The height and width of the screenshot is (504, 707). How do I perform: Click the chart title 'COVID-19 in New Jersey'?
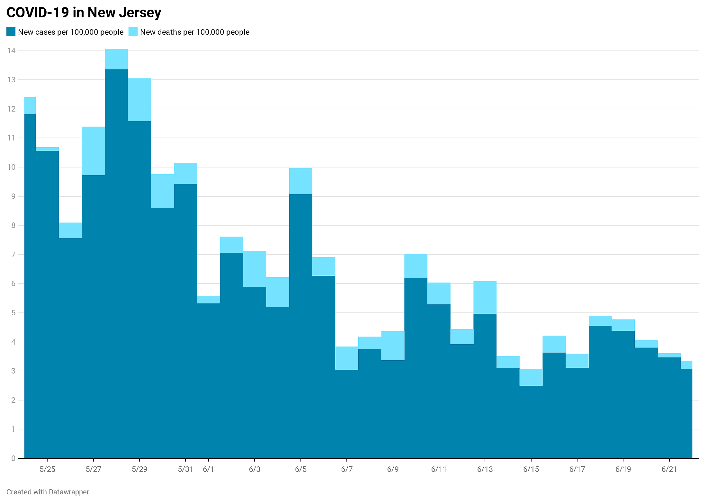pos(84,13)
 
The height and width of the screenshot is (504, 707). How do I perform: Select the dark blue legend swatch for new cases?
pos(11,32)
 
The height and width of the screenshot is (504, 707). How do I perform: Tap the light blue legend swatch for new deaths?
pos(133,32)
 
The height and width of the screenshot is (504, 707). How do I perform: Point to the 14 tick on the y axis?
pos(12,51)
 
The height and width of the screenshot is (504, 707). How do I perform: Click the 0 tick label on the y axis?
pos(13,458)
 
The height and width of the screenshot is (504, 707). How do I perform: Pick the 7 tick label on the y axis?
pos(13,255)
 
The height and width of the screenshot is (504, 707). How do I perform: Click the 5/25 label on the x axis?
pos(48,469)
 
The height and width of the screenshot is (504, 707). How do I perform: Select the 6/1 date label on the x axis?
pos(209,469)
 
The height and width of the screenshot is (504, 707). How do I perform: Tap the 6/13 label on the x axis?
pos(485,469)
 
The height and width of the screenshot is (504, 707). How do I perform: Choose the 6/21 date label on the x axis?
pos(669,469)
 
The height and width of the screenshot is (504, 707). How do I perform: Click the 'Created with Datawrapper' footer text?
pos(48,492)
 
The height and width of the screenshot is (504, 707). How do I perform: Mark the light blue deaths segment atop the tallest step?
pos(116,59)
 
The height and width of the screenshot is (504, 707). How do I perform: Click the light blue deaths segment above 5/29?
pos(139,100)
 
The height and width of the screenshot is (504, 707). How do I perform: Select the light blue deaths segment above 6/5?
pos(301,181)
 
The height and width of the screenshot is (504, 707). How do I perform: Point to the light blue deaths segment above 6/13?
pos(485,297)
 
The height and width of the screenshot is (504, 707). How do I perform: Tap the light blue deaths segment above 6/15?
pos(531,377)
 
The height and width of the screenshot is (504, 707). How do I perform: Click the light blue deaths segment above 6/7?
pos(347,358)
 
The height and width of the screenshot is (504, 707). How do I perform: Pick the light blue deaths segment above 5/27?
pos(94,151)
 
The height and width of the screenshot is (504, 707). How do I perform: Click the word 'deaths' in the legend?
pos(169,32)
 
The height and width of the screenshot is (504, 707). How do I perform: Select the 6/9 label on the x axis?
pos(393,469)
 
